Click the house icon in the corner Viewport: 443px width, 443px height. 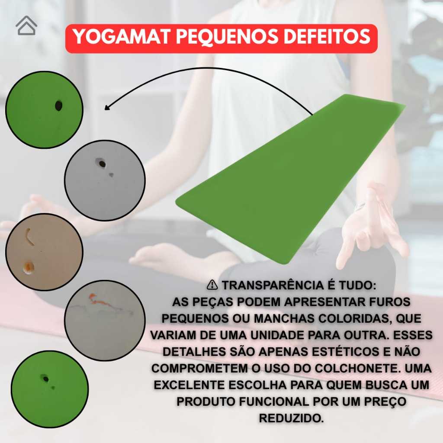tap(26, 26)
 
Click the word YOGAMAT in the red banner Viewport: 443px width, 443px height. tap(122, 37)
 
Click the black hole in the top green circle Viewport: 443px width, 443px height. tap(58, 106)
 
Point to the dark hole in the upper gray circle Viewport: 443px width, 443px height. tap(101, 163)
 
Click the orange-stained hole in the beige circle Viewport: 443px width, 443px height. tap(28, 267)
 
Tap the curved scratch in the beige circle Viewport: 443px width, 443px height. tap(29, 237)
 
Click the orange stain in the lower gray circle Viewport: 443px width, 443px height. tap(98, 300)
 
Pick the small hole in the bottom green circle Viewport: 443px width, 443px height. tap(45, 378)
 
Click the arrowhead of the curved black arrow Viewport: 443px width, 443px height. tap(107, 107)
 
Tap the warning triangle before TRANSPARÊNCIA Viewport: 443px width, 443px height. tap(212, 285)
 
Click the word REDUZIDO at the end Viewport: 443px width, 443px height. tap(291, 418)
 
